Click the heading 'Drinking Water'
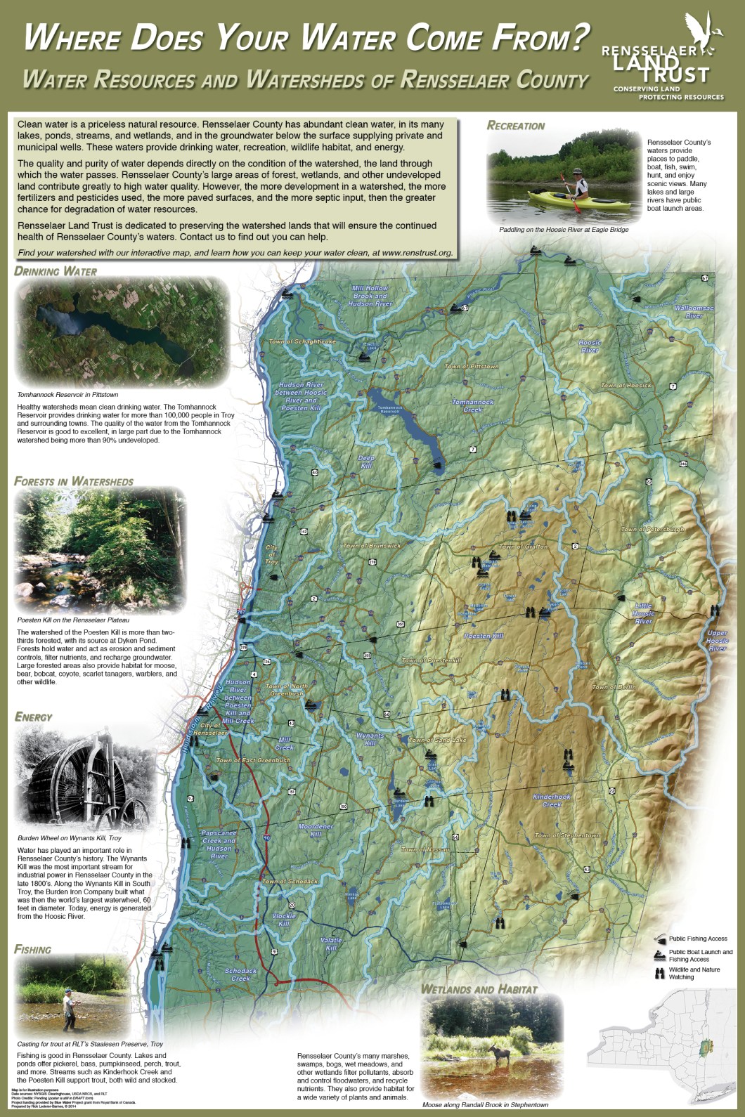click(56, 271)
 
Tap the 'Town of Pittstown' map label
click(471, 367)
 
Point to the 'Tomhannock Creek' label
click(472, 405)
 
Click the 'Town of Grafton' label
click(522, 547)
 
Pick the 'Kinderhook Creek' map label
click(552, 800)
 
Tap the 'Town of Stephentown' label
click(567, 835)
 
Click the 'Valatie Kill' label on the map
click(331, 943)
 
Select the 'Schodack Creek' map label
click(240, 974)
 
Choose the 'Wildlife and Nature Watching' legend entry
click(694, 973)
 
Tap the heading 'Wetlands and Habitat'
click(479, 989)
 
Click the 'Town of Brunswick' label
click(371, 546)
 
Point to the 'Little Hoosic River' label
click(643, 613)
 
